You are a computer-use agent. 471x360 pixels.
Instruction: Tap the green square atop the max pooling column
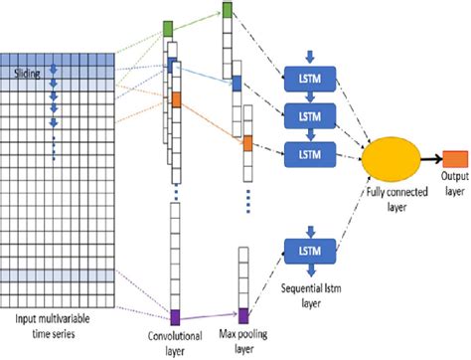pyautogui.click(x=229, y=11)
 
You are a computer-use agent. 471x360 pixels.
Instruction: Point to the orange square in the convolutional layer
pyautogui.click(x=176, y=99)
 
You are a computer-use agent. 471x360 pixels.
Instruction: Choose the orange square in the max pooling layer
pyautogui.click(x=246, y=144)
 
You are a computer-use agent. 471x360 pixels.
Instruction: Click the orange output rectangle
pyautogui.click(x=455, y=158)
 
